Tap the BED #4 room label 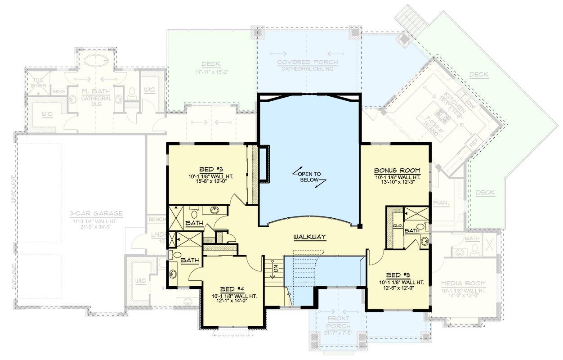pyautogui.click(x=232, y=289)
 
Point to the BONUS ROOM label pyautogui.click(x=398, y=171)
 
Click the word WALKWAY pyautogui.click(x=309, y=237)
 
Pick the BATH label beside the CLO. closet pyautogui.click(x=411, y=230)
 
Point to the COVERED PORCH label pyautogui.click(x=308, y=62)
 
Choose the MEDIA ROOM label pyautogui.click(x=463, y=283)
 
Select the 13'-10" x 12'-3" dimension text pyautogui.click(x=398, y=184)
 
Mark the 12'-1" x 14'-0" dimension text pyautogui.click(x=232, y=301)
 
